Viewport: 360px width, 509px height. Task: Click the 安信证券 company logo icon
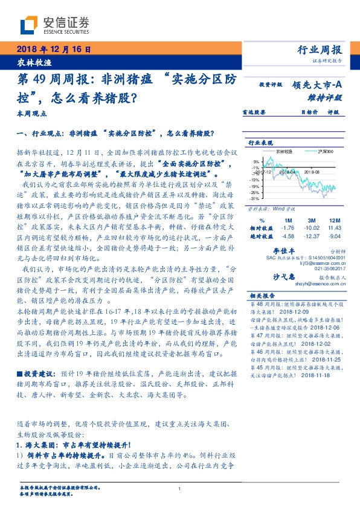click(x=28, y=25)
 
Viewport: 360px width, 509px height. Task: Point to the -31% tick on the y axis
click(x=256, y=198)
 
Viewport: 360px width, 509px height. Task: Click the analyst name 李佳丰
click(x=284, y=250)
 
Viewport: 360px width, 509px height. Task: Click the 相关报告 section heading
click(x=262, y=296)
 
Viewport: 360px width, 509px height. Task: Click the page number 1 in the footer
click(x=180, y=489)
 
